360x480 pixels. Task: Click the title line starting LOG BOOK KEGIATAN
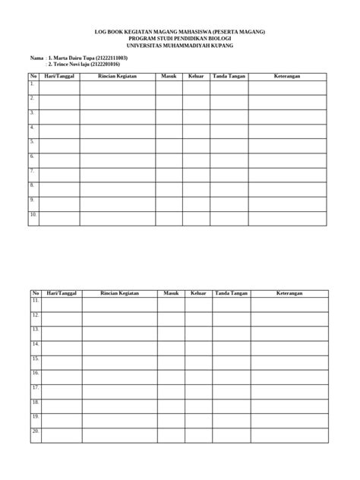pos(179,33)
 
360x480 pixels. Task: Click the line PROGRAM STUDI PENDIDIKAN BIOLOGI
pos(179,39)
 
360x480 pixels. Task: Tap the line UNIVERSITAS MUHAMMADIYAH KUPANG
pos(179,46)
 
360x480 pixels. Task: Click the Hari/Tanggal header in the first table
pos(60,77)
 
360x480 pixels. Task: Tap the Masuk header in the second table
pos(170,293)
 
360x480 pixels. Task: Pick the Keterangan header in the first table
pos(288,77)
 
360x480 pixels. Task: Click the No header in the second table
pos(35,293)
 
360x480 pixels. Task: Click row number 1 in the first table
pos(33,84)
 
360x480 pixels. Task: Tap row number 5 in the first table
pos(33,141)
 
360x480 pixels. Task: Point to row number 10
pos(33,214)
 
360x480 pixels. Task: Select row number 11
pos(35,301)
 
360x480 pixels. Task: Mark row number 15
pos(35,358)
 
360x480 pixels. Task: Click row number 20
pos(35,431)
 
